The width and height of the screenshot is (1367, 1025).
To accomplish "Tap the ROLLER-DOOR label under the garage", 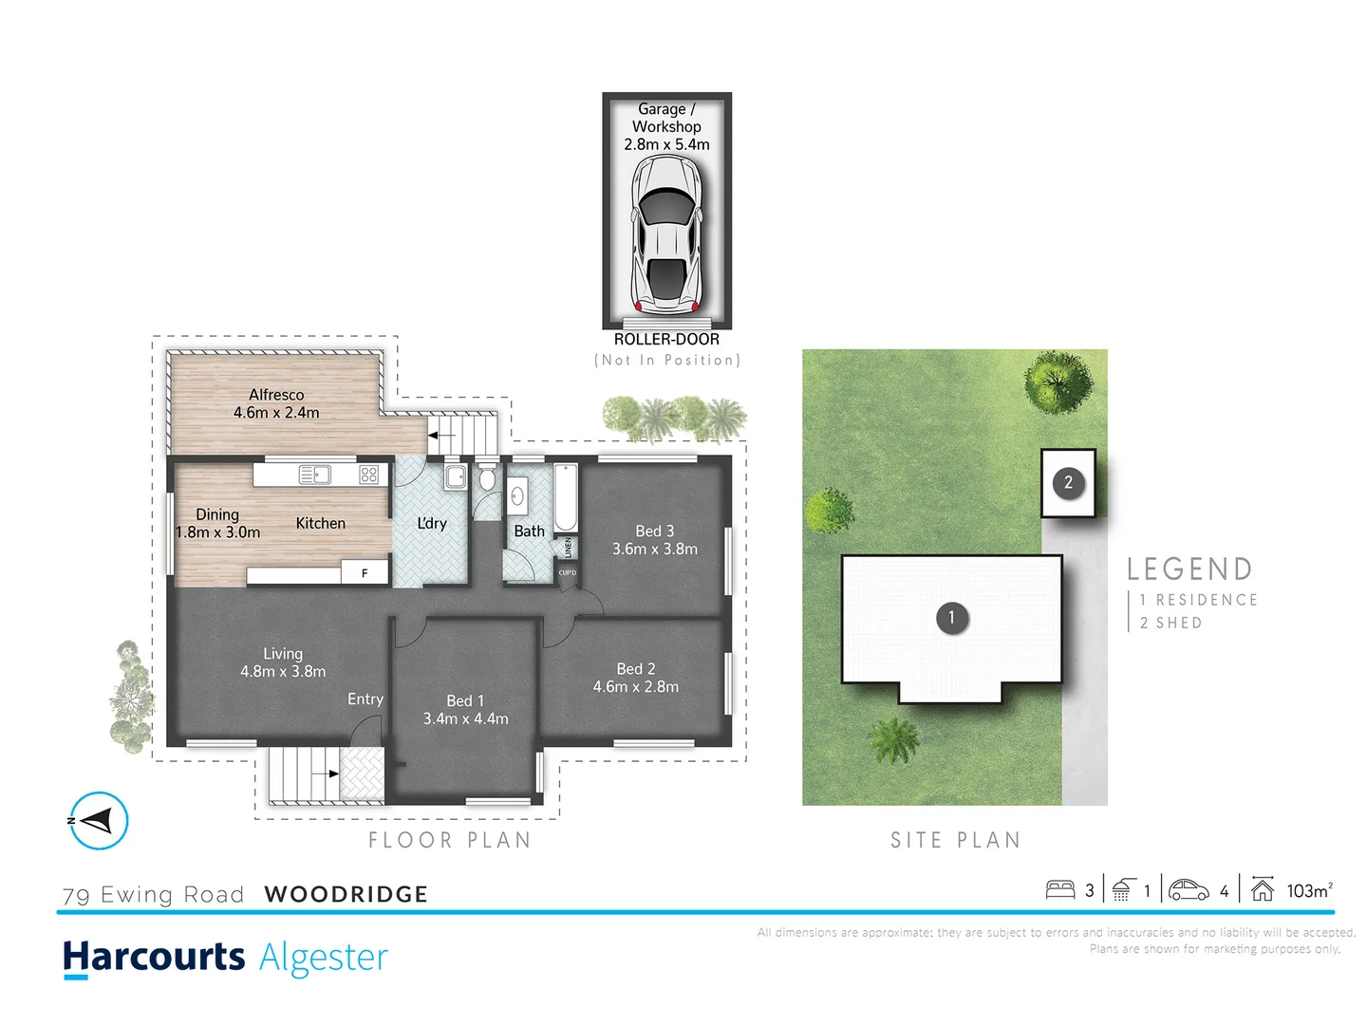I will tap(666, 339).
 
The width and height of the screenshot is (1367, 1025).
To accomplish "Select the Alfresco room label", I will tap(276, 395).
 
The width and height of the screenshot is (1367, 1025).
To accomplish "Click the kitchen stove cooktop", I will tap(369, 475).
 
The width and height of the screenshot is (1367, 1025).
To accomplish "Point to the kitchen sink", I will tap(314, 475).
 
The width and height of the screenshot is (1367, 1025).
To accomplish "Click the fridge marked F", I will tap(365, 573).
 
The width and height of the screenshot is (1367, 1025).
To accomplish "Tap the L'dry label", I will tap(432, 523).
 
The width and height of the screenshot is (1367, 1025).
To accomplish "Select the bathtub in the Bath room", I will tap(565, 498).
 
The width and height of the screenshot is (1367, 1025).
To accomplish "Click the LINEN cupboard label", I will tap(569, 548).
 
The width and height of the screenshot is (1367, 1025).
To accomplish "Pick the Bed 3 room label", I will tap(655, 531).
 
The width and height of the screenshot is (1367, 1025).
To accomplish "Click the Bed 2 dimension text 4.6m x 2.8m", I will tap(636, 687).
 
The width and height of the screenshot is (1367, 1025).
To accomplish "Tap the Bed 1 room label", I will tap(465, 700).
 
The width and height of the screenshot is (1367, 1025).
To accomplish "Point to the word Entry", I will tap(365, 699).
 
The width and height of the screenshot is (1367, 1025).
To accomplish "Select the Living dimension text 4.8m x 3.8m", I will tap(283, 672).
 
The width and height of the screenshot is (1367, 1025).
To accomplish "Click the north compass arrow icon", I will tap(98, 821).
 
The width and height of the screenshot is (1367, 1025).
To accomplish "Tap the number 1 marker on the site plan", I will tap(951, 618).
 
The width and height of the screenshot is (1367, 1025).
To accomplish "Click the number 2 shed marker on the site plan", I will tap(1068, 483).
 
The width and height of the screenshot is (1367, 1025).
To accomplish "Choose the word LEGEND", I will tap(1189, 569).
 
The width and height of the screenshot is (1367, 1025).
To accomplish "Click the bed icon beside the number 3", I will tap(1060, 890).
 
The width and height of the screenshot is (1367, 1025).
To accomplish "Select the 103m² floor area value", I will tap(1309, 890).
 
